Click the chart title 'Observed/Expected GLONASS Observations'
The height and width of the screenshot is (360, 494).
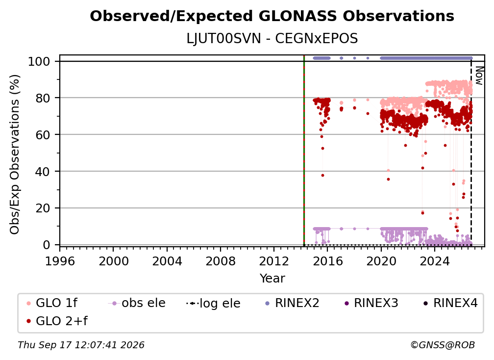click(x=272, y=16)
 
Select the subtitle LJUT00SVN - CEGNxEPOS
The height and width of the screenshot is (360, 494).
click(x=272, y=39)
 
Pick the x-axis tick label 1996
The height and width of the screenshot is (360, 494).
click(x=60, y=261)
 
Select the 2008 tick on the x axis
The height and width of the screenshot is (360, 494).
click(x=221, y=261)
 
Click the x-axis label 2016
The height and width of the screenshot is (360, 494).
click(x=327, y=261)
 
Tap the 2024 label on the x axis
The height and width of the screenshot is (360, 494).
click(x=434, y=261)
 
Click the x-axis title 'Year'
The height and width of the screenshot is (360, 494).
click(x=272, y=279)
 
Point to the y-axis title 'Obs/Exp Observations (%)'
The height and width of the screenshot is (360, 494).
click(x=15, y=154)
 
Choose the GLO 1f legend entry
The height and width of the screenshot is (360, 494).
click(x=52, y=303)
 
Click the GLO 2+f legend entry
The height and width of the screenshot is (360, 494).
click(x=57, y=321)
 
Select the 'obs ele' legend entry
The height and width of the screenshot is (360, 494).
click(x=137, y=303)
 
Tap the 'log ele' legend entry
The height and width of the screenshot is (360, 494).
click(x=213, y=303)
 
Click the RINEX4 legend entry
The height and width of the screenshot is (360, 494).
click(x=450, y=303)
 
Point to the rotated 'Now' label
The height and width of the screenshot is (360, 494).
click(x=479, y=76)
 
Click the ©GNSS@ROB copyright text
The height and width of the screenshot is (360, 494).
click(x=443, y=345)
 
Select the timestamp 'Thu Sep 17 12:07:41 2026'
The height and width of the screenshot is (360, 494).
click(x=81, y=345)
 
